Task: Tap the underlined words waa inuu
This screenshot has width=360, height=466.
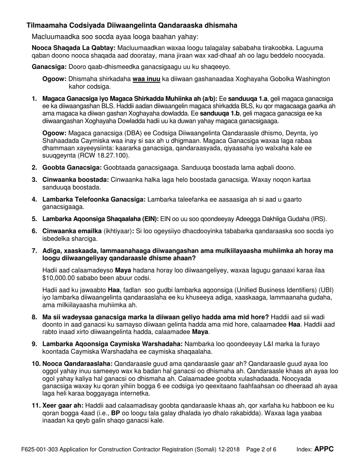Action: [146, 79]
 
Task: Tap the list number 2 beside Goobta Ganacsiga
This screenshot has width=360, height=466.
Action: [34, 167]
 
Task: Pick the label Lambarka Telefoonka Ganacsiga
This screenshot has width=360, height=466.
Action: [94, 199]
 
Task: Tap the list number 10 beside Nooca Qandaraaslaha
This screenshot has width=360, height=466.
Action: [36, 364]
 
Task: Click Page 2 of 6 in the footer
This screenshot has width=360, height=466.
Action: [261, 450]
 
